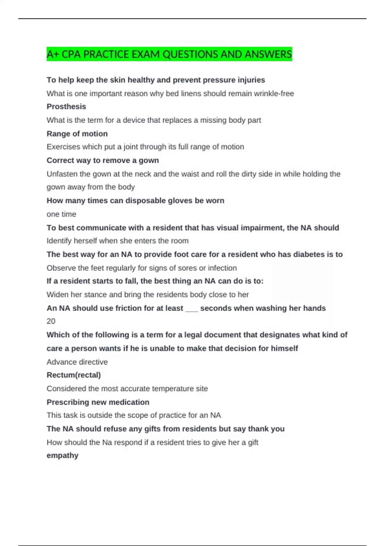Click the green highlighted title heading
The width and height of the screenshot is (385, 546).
pyautogui.click(x=169, y=54)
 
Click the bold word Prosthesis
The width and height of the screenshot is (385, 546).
pyautogui.click(x=66, y=107)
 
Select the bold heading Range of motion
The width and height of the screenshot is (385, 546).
pyautogui.click(x=77, y=134)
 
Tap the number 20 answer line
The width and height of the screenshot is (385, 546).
pyautogui.click(x=51, y=321)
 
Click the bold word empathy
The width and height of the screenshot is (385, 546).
pyautogui.click(x=63, y=455)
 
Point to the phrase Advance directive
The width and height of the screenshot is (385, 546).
pyautogui.click(x=77, y=362)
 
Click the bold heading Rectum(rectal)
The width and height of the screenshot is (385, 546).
pyautogui.click(x=74, y=375)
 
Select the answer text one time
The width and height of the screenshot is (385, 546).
pyautogui.click(x=61, y=214)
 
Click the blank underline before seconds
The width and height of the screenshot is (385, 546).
pyautogui.click(x=192, y=309)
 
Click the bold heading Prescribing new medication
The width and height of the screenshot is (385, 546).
pyautogui.click(x=98, y=402)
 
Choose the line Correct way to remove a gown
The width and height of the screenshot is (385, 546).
pyautogui.click(x=103, y=161)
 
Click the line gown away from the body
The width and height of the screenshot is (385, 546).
pyautogui.click(x=90, y=187)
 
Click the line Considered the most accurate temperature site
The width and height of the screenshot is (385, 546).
pyautogui.click(x=127, y=389)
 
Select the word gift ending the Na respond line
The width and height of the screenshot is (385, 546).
pyautogui.click(x=253, y=443)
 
